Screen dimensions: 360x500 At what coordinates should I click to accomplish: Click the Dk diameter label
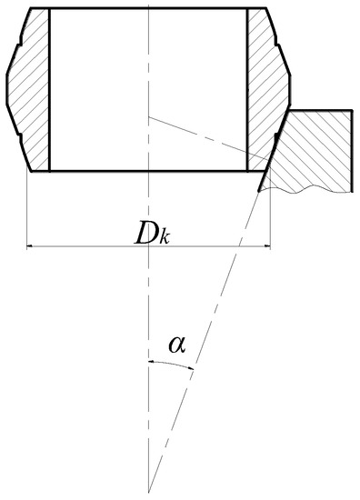(x=152, y=234)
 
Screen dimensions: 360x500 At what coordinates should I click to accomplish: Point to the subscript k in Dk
(x=165, y=238)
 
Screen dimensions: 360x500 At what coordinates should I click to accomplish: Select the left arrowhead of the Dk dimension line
(x=32, y=245)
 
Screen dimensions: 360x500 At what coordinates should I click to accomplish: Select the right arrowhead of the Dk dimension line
(x=265, y=245)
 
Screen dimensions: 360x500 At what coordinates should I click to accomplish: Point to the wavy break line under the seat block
(x=309, y=186)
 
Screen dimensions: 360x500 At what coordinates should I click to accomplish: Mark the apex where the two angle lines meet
(x=148, y=492)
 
